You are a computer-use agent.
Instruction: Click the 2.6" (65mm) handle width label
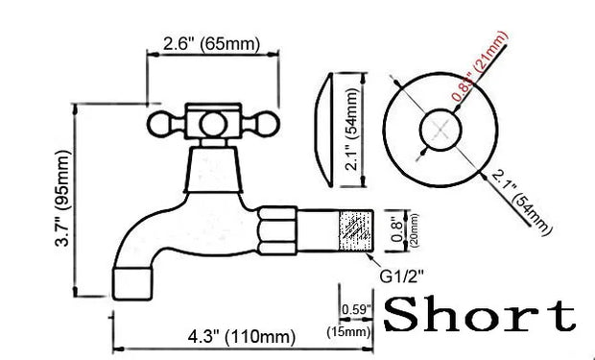pos(212,44)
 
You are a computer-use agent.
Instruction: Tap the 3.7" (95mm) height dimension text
pos(62,198)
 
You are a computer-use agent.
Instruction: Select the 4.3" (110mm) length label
pos(241,337)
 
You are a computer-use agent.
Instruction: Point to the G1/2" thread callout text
pos(402,276)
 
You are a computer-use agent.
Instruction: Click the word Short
pos(480,314)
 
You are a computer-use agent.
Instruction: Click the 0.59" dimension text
pos(356,309)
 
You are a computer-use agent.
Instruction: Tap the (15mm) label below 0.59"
pos(348,332)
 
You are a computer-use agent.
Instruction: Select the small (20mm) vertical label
pos(415,230)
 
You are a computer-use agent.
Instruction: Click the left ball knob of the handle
pos(158,124)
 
